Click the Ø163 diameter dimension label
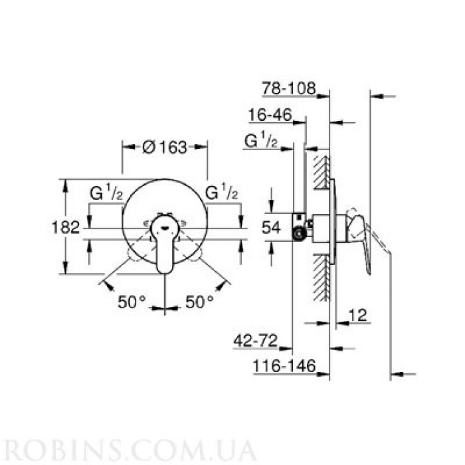click(x=163, y=147)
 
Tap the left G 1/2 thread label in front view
click(x=106, y=193)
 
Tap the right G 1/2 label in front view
click(x=222, y=193)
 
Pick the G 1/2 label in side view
click(x=261, y=140)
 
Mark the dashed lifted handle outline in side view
click(x=381, y=246)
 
